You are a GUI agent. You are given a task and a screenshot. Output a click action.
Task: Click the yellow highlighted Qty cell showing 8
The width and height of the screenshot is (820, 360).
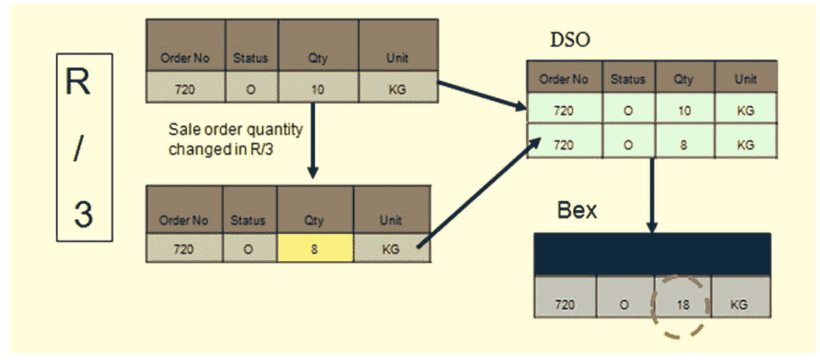pos(316,248)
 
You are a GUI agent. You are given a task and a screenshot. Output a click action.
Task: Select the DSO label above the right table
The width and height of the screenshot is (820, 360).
pos(570,40)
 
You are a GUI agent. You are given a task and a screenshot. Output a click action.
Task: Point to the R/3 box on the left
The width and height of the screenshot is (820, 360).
pos(84,147)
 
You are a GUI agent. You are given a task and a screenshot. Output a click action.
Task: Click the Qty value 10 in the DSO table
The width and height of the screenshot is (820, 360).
pos(683,110)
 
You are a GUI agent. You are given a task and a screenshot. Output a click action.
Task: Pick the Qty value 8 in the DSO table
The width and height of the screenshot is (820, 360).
pos(683,144)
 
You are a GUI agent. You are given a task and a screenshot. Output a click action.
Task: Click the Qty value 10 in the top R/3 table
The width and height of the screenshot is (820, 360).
pos(318,89)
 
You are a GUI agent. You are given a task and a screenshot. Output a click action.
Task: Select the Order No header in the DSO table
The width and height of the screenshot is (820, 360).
pos(563,79)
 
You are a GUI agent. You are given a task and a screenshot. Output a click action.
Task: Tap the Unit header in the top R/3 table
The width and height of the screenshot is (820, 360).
pos(397,58)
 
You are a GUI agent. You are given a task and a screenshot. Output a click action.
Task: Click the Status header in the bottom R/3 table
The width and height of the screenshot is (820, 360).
pos(248,220)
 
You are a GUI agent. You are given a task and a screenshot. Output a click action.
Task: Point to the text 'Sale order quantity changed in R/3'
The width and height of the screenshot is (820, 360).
pos(235,139)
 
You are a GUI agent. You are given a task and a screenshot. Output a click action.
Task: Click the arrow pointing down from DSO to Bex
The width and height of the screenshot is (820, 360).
pos(652,195)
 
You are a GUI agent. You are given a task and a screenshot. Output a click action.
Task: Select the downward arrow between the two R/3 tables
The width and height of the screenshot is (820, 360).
pos(312,140)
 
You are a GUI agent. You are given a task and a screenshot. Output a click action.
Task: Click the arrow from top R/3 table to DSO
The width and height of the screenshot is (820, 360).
pos(482,95)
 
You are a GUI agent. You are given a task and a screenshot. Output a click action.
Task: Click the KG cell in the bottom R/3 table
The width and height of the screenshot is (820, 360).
pos(391,248)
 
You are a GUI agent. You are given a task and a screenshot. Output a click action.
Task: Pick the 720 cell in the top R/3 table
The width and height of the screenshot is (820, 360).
pos(185,89)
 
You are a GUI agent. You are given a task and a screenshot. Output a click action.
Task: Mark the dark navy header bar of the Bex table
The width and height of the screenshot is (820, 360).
pos(652,254)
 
